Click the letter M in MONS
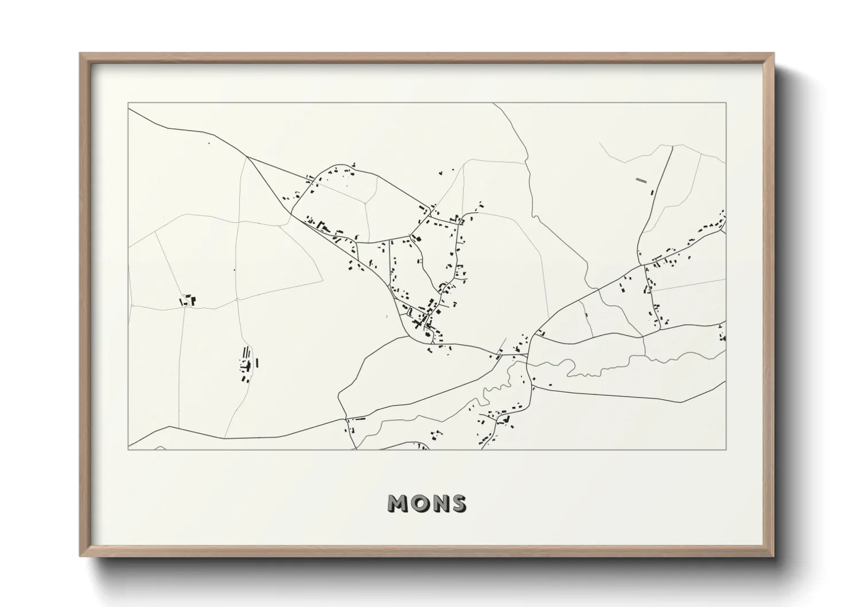(x=399, y=503)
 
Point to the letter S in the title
(x=458, y=503)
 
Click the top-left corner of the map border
(x=128, y=103)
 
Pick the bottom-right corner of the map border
(x=726, y=449)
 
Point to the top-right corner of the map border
(x=726, y=103)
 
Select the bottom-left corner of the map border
(x=128, y=449)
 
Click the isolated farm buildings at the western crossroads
(x=188, y=300)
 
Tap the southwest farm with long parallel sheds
(x=247, y=363)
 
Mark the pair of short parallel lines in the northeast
(x=641, y=180)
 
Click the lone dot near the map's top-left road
(x=209, y=143)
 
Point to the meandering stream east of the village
(x=602, y=368)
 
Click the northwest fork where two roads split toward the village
(x=247, y=157)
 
